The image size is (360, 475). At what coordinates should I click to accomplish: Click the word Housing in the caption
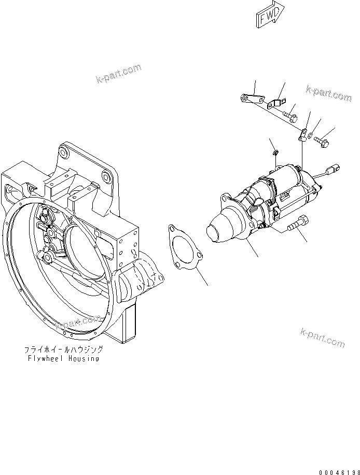pyautogui.click(x=85, y=358)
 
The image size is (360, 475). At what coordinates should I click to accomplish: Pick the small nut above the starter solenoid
pyautogui.click(x=276, y=152)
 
